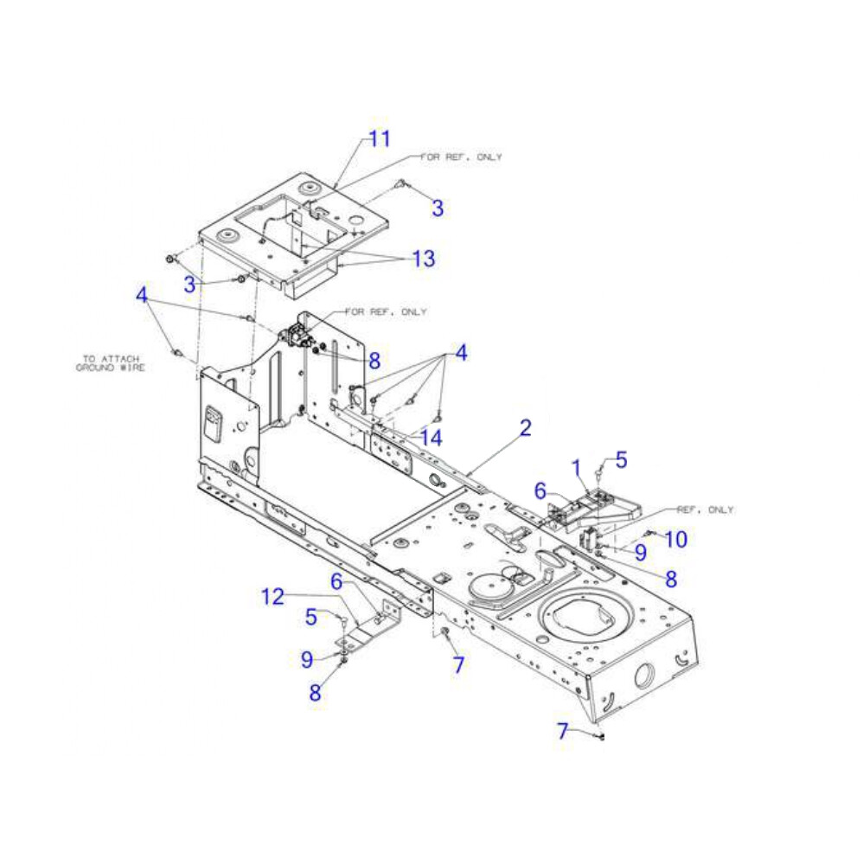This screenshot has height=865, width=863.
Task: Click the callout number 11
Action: click(380, 138)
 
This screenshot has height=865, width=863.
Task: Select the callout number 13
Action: click(424, 258)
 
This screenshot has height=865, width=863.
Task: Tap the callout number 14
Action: click(431, 438)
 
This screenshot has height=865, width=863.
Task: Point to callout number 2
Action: click(526, 428)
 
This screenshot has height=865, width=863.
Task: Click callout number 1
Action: click(576, 468)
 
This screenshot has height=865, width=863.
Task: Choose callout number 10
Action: click(676, 539)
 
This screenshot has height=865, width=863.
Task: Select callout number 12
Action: click(272, 596)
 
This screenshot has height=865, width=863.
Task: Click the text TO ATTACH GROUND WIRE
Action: click(111, 363)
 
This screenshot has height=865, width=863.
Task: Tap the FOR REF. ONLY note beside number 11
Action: click(462, 157)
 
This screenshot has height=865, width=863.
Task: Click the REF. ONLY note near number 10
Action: click(706, 509)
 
